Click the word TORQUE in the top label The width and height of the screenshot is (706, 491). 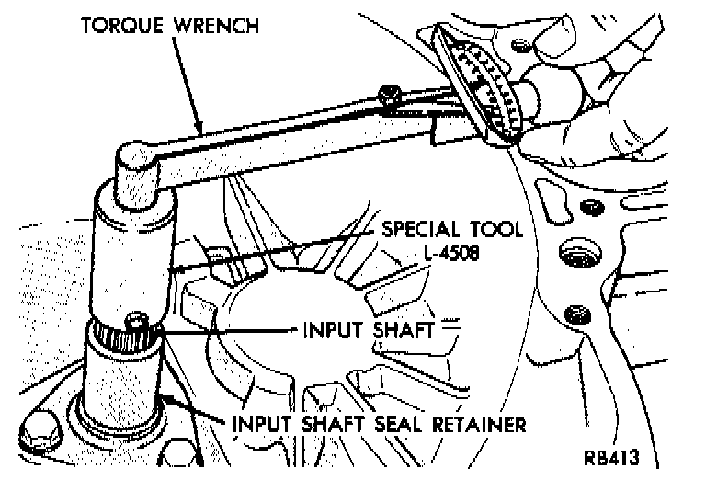click(120, 24)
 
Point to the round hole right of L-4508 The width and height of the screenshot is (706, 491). click(576, 252)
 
